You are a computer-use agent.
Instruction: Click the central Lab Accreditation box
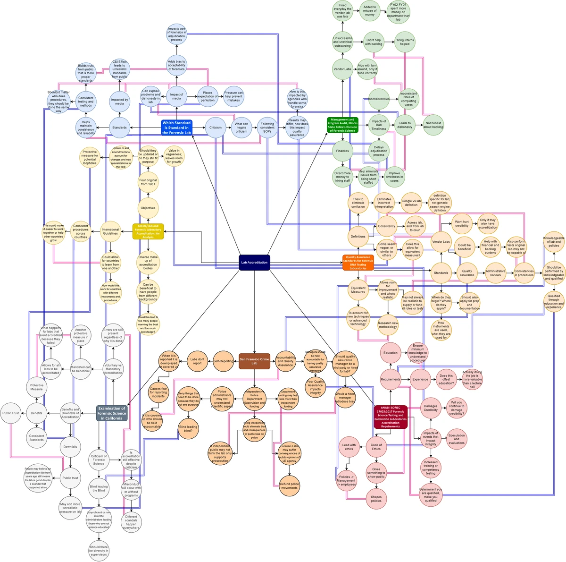(x=254, y=263)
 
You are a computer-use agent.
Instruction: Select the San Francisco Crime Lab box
(x=254, y=361)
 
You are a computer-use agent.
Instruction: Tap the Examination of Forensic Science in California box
(x=112, y=413)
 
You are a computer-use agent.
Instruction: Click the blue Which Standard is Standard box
(x=176, y=128)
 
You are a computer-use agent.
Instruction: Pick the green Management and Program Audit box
(x=343, y=125)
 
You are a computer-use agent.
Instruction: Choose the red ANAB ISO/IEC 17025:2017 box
(x=390, y=417)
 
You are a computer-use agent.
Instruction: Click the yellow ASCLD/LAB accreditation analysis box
(x=148, y=231)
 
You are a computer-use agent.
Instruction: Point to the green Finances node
(x=343, y=151)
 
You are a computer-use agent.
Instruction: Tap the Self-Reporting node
(x=224, y=361)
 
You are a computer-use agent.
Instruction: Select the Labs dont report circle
(x=198, y=361)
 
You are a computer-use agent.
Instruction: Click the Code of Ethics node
(x=376, y=447)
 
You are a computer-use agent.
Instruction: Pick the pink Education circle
(x=391, y=353)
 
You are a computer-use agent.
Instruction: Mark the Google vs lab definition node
(x=411, y=203)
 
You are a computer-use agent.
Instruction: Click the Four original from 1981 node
(x=148, y=182)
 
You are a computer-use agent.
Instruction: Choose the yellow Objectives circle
(x=148, y=208)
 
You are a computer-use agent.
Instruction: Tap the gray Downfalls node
(x=70, y=447)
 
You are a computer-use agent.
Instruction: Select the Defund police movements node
(x=289, y=486)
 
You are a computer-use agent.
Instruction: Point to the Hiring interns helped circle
(x=405, y=42)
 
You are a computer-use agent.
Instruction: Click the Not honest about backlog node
(x=433, y=125)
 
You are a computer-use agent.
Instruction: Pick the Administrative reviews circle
(x=495, y=273)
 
